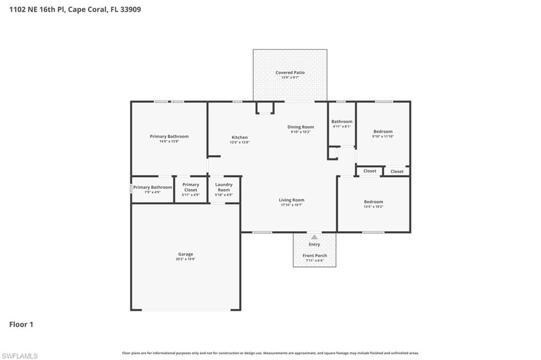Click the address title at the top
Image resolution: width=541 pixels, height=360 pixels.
[x=75, y=9]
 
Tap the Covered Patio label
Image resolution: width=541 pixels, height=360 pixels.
[x=290, y=72]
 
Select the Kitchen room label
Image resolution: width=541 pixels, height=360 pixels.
[x=239, y=137]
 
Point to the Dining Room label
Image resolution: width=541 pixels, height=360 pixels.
[x=301, y=127]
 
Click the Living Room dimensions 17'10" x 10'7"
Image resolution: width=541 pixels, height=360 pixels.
[x=292, y=205]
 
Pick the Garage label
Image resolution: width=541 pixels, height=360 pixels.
[x=185, y=254]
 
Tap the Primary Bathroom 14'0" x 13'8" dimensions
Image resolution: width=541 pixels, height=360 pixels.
[x=169, y=141]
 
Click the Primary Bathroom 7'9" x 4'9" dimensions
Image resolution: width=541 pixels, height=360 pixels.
[x=152, y=192]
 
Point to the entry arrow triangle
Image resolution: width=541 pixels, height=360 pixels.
[x=314, y=238]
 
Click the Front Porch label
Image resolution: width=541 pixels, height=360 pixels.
[x=314, y=255]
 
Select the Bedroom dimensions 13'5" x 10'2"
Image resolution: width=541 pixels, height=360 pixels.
[x=374, y=206]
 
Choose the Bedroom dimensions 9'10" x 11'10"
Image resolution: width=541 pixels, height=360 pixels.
[x=383, y=136]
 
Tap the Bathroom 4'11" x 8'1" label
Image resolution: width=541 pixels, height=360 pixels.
[x=342, y=121]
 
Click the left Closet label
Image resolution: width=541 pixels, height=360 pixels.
[x=370, y=171]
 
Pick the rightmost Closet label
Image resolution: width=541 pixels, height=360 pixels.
[x=397, y=172]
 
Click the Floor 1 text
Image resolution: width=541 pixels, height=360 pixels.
[x=21, y=325]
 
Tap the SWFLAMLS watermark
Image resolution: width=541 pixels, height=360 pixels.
[x=20, y=356]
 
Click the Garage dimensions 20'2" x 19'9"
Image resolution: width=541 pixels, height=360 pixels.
[x=185, y=259]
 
